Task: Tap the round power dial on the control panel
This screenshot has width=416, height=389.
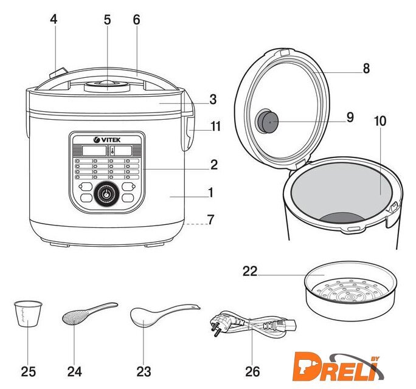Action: (106, 194)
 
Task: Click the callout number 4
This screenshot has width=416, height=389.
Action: (54, 19)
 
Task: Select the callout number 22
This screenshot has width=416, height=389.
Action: (250, 272)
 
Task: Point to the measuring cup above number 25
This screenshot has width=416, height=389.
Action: (28, 314)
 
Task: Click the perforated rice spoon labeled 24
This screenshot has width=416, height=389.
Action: (89, 313)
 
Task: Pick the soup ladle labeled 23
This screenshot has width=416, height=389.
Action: (165, 315)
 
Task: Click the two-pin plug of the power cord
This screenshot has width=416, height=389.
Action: (220, 325)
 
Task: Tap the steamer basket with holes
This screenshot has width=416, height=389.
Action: (350, 292)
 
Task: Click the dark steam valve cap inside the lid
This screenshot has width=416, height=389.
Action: (267, 122)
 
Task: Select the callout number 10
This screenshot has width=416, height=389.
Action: (380, 121)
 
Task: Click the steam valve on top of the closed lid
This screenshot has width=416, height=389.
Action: (107, 86)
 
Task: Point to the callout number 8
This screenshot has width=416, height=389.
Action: (366, 69)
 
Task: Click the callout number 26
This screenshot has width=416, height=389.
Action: (252, 371)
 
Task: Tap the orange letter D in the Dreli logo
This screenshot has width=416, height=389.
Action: (305, 366)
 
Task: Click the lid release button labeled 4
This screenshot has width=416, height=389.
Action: (58, 73)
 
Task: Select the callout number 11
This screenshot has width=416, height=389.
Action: (215, 126)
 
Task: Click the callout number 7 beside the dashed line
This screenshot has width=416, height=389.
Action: (210, 219)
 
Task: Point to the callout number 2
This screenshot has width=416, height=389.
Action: (214, 165)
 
